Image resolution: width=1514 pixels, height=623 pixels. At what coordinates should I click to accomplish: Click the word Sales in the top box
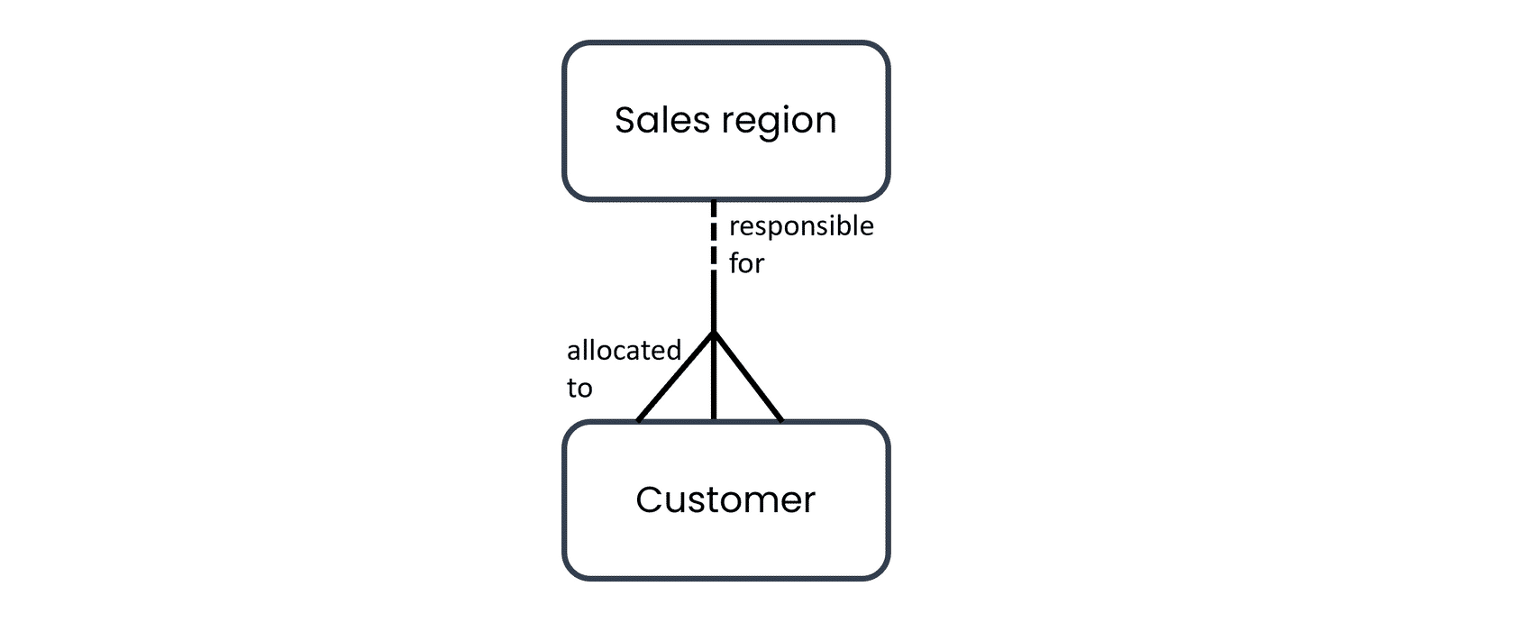click(662, 121)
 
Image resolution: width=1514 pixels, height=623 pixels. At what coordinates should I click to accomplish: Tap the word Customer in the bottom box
click(725, 499)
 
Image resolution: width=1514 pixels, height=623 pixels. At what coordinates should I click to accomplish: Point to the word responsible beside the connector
click(801, 227)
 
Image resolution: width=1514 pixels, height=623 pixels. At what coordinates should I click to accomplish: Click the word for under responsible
click(746, 262)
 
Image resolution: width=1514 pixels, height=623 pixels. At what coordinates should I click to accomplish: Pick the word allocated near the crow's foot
click(624, 351)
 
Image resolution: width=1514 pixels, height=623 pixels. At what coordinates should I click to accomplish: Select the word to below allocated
click(579, 389)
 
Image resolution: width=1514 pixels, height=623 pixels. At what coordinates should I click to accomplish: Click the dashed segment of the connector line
click(714, 235)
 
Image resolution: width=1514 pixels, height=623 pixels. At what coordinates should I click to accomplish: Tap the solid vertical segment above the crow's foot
click(714, 302)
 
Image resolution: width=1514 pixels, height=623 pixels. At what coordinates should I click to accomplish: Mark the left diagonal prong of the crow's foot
click(675, 377)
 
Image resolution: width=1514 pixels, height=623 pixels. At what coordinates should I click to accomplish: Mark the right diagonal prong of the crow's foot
click(748, 377)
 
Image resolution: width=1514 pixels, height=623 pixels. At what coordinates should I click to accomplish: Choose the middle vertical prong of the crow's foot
click(714, 377)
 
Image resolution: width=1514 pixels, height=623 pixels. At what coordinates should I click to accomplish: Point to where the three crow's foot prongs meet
click(714, 333)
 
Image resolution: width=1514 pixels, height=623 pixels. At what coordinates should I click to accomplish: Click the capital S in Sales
click(625, 121)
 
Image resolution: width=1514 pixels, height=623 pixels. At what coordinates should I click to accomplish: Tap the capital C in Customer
click(650, 499)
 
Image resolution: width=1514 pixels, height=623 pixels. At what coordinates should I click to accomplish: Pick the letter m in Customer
click(764, 503)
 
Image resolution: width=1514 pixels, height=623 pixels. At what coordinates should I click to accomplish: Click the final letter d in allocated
click(672, 351)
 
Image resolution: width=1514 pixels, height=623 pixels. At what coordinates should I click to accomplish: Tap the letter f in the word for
click(734, 262)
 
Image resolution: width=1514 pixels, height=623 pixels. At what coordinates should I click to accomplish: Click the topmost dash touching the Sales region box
click(714, 207)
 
